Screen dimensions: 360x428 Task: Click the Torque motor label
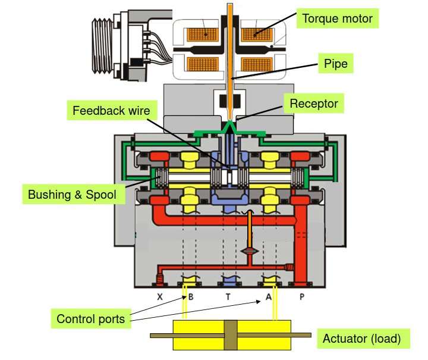tap(337, 18)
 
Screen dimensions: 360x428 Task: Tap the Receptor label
tap(313, 104)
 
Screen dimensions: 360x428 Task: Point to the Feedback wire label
tap(111, 110)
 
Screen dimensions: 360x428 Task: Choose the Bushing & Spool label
tap(72, 195)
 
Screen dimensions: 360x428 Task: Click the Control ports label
tap(90, 319)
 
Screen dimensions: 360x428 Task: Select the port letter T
tap(228, 296)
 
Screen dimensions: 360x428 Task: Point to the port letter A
tap(269, 296)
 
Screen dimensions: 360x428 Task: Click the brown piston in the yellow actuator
tap(231, 335)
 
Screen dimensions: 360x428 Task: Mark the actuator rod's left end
tap(153, 336)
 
